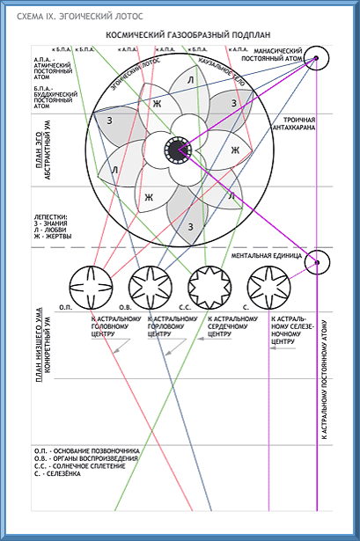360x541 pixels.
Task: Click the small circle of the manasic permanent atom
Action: (x=317, y=59)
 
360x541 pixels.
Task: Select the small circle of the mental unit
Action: (x=317, y=261)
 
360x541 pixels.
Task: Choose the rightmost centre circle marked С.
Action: (x=268, y=284)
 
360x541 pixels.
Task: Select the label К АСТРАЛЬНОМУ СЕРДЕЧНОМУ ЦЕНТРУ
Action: (x=232, y=327)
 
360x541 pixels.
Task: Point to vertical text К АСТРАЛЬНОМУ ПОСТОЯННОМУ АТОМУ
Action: (x=327, y=378)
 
